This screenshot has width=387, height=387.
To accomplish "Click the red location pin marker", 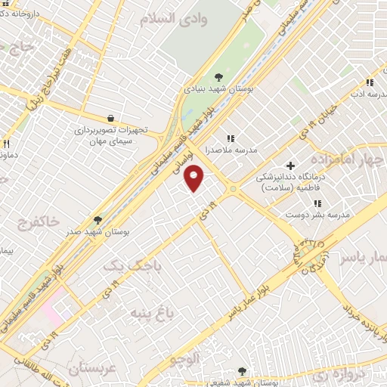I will [x=194, y=178].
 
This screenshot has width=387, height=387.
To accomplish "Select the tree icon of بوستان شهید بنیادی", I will [x=218, y=76].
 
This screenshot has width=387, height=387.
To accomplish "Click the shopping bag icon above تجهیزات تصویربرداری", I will [x=110, y=119].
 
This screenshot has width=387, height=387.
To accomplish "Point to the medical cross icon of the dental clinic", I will [x=290, y=166].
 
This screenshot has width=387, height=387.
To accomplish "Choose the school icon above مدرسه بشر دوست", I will [x=317, y=203].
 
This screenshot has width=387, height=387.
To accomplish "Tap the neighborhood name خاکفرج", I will [x=36, y=222].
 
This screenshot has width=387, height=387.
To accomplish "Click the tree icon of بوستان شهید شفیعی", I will [x=242, y=371].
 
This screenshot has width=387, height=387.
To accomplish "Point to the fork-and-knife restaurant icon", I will [x=6, y=143].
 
